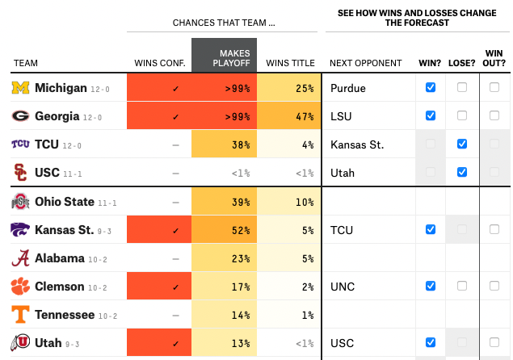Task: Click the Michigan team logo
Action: click(20, 87)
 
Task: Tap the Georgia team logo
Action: click(20, 115)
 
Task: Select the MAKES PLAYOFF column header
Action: click(224, 58)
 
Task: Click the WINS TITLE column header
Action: click(290, 63)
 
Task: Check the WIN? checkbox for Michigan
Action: click(431, 87)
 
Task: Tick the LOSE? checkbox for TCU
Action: click(462, 144)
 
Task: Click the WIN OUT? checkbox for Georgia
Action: click(494, 115)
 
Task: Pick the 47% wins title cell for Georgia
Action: click(290, 115)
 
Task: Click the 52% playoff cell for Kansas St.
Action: click(224, 230)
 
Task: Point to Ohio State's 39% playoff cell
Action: click(224, 202)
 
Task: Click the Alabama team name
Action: click(60, 258)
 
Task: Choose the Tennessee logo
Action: click(20, 315)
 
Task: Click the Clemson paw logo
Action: click(20, 287)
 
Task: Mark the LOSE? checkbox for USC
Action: click(462, 172)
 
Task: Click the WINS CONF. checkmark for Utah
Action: click(175, 343)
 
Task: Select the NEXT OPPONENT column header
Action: click(365, 63)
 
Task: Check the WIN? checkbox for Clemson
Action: click(431, 286)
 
